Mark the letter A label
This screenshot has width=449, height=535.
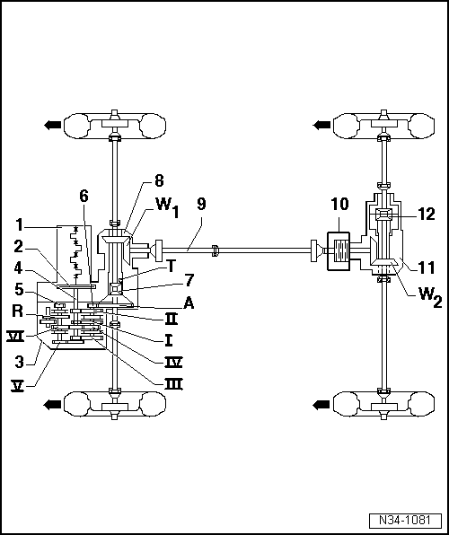pos(163,303)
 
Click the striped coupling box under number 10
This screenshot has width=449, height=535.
pos(339,250)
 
